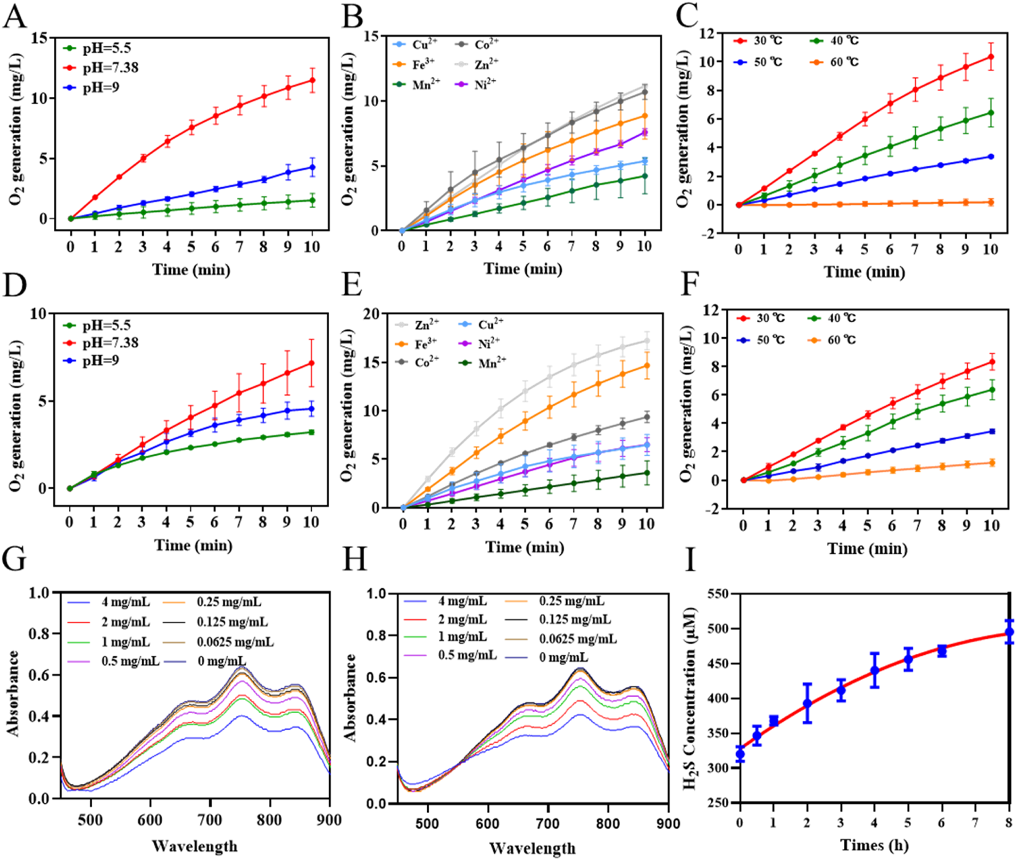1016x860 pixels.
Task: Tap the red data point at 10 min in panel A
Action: click(x=312, y=80)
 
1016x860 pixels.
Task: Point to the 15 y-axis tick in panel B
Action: click(x=372, y=36)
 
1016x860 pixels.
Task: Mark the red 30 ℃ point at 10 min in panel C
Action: click(x=991, y=57)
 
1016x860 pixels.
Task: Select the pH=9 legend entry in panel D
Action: click(x=101, y=361)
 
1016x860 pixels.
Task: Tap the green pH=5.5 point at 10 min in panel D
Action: click(x=311, y=432)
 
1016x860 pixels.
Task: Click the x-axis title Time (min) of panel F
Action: click(x=867, y=549)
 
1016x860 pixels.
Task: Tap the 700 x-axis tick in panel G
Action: click(x=209, y=820)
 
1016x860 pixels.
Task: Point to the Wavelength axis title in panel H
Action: click(x=533, y=847)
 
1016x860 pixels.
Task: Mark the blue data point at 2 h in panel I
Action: click(x=807, y=703)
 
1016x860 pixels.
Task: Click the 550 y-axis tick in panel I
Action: click(x=717, y=594)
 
